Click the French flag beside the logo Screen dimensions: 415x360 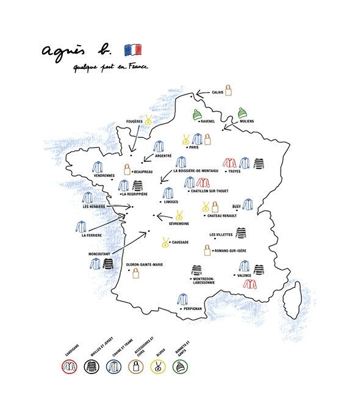133,49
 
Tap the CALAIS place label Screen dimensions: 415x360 218,92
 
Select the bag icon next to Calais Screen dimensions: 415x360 229,91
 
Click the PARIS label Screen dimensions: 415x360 195,147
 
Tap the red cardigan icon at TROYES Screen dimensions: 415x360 229,162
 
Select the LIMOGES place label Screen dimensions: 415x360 171,201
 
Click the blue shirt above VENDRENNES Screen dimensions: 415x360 98,167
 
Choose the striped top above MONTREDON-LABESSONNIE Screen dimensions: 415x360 196,270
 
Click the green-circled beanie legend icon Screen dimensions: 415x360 180,367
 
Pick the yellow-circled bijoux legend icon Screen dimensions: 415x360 157,367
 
